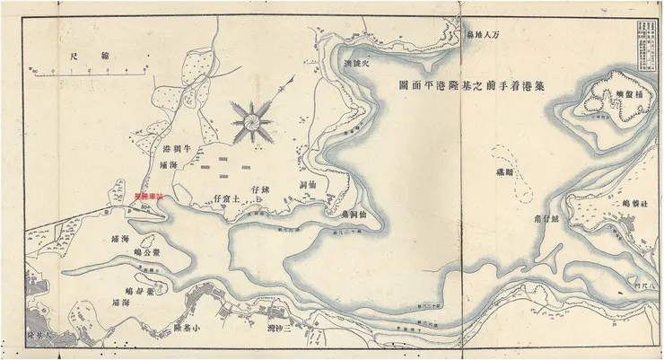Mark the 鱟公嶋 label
145,254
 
